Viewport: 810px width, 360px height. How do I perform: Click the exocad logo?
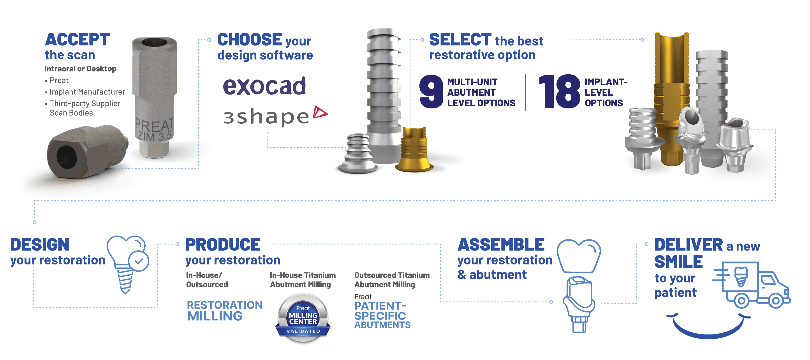(264, 86)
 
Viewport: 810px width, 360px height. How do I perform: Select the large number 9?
(431, 91)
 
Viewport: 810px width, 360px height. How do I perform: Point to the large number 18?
(560, 91)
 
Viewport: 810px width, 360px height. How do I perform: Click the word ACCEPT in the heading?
(77, 40)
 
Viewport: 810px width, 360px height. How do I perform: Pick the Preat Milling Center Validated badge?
(303, 318)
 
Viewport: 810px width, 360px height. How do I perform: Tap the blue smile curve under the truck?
(708, 328)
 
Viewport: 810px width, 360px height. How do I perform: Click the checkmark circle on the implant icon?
(139, 261)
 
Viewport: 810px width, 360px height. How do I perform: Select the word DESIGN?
(40, 245)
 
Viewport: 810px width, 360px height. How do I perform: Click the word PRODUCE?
(223, 245)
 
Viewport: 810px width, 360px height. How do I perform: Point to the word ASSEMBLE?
(501, 245)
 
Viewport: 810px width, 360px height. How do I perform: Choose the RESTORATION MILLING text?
(225, 310)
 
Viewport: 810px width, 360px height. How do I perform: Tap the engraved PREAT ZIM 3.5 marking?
(154, 129)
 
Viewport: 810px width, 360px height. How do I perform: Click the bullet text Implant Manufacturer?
(87, 92)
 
